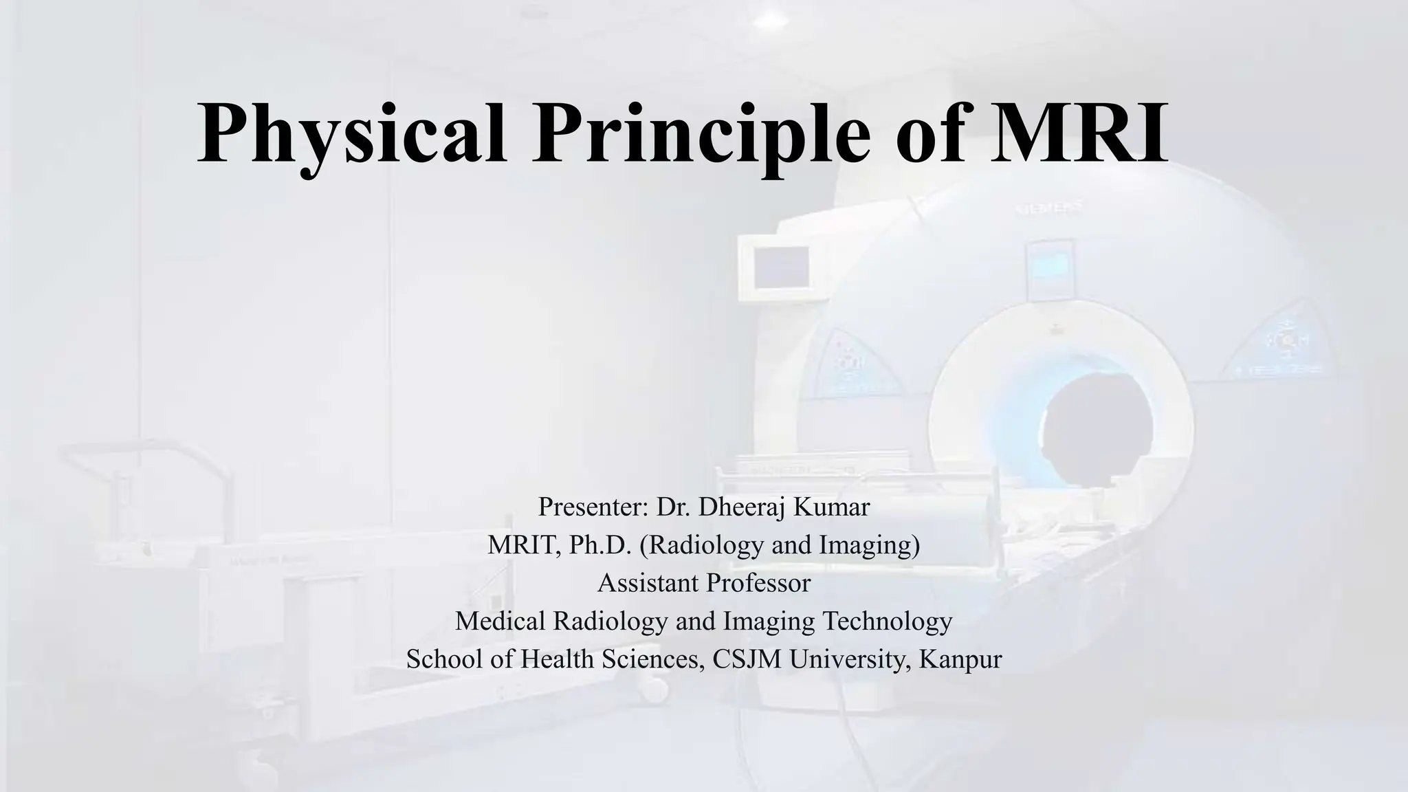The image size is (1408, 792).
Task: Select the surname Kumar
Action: click(832, 507)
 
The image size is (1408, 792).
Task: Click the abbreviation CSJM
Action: click(747, 659)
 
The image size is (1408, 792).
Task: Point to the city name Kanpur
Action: click(960, 659)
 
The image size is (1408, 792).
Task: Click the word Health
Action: click(558, 659)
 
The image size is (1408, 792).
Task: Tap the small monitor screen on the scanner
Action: click(781, 267)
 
